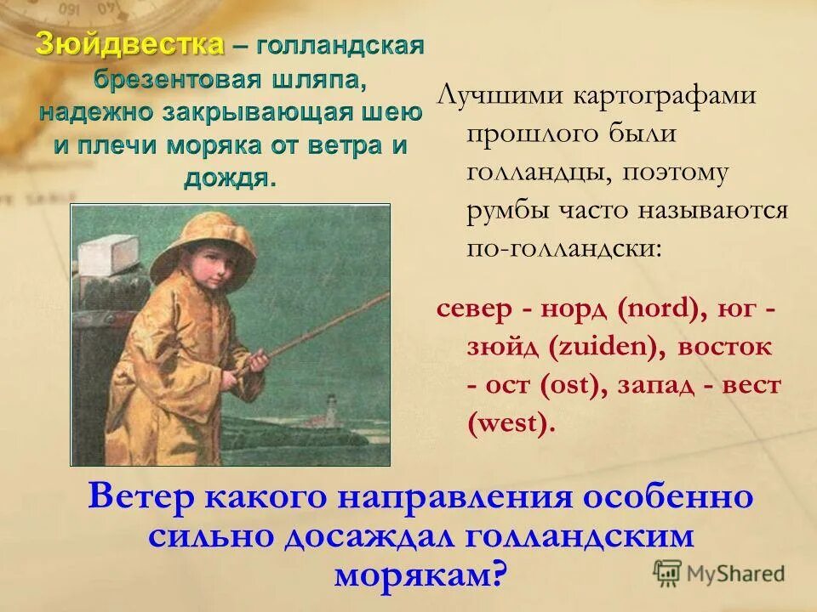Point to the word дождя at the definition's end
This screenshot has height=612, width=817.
[x=229, y=178]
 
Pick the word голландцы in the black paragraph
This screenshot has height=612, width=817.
[x=537, y=173]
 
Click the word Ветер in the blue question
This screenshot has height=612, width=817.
[x=141, y=497]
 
